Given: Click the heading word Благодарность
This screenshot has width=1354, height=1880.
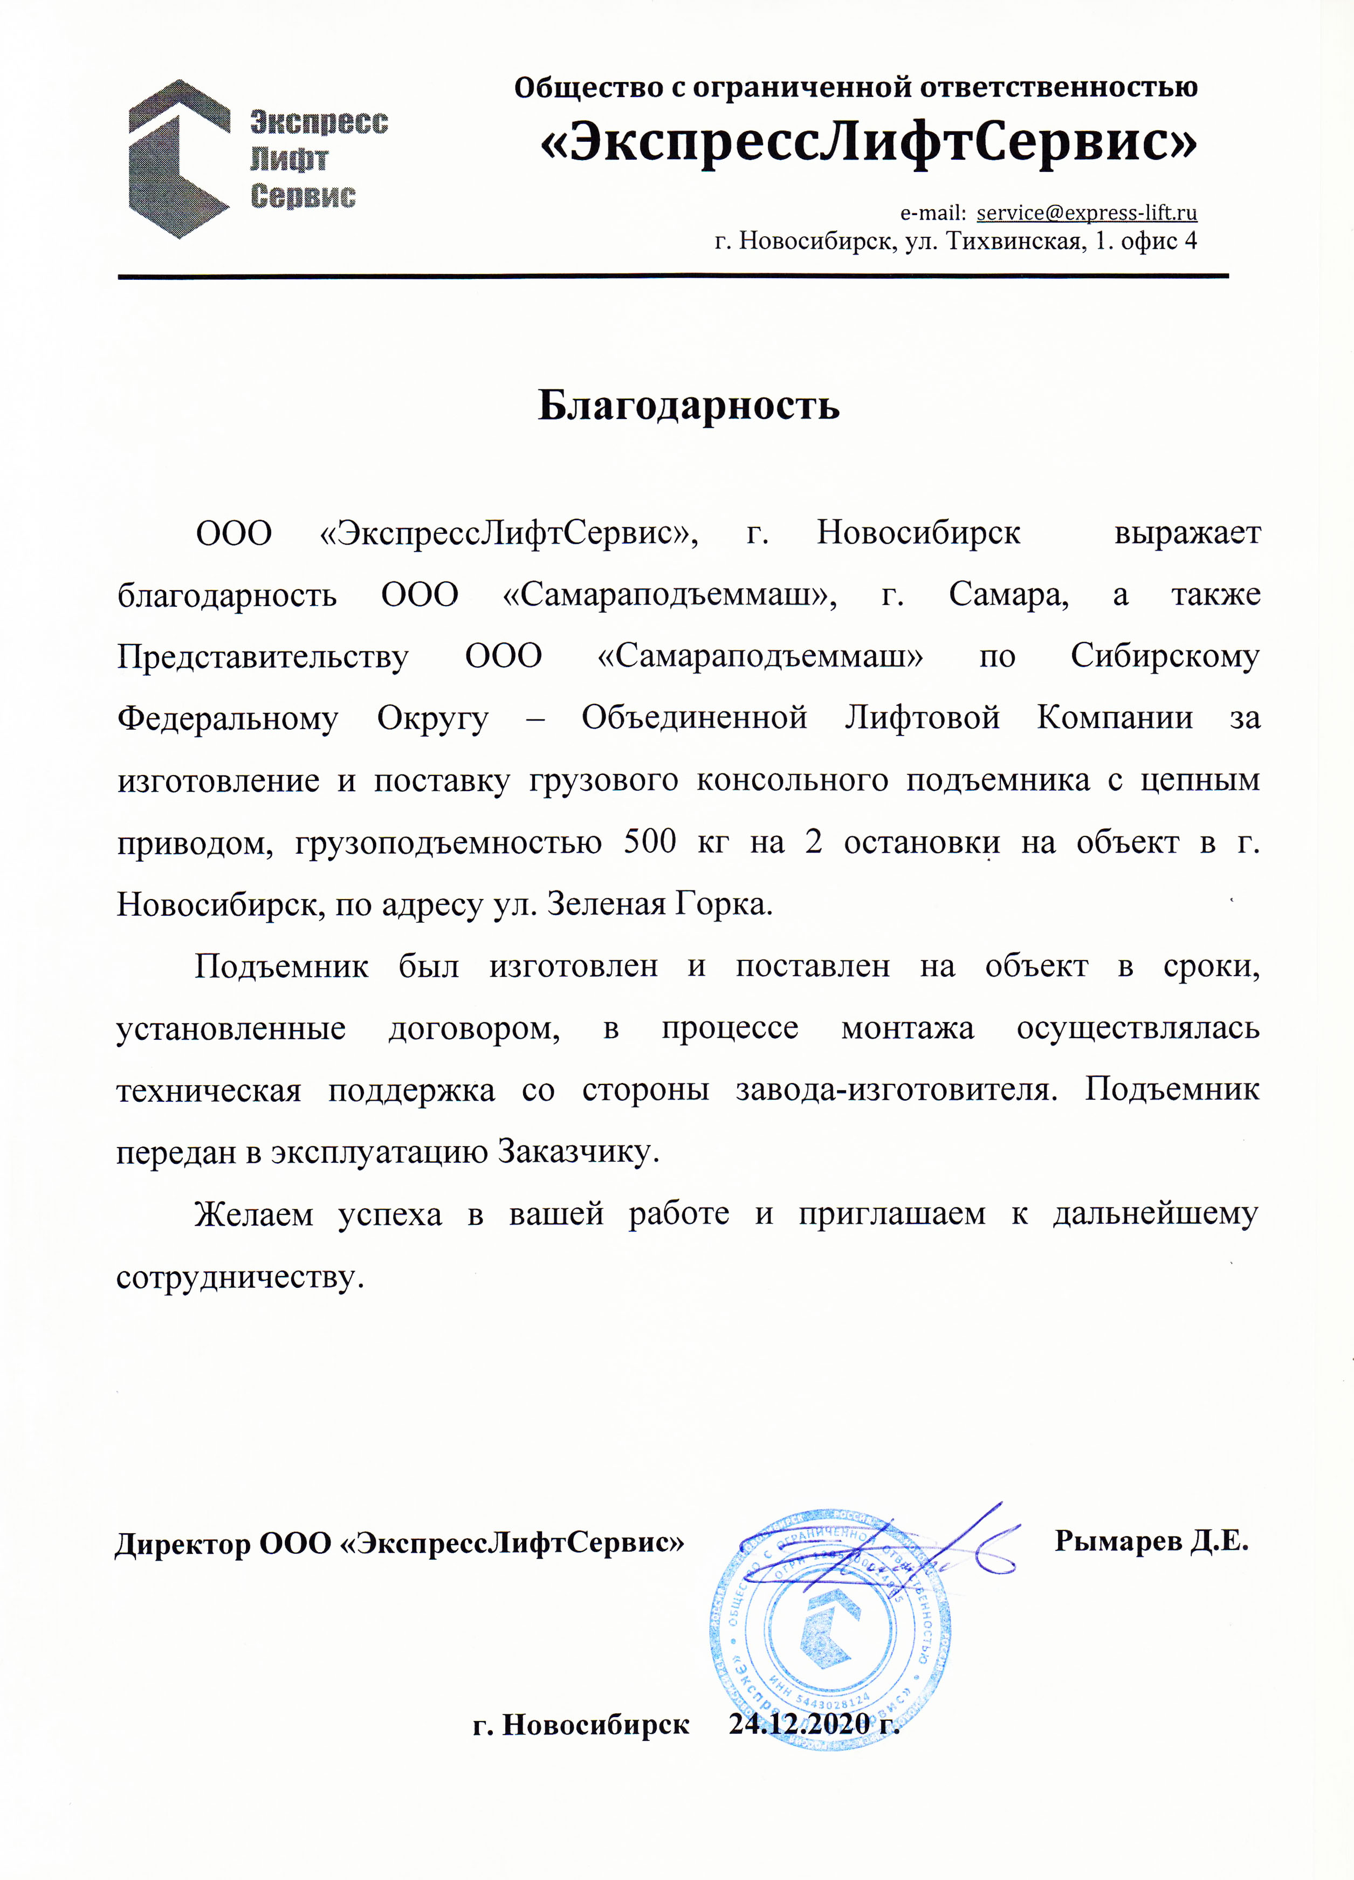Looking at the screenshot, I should click(x=689, y=406).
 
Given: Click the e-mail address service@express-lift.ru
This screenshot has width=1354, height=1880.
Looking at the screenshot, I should click(x=1087, y=213).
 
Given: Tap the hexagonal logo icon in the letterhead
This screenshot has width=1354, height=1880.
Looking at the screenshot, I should click(x=178, y=159).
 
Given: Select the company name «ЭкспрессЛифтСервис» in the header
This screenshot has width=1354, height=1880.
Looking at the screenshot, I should click(x=868, y=142).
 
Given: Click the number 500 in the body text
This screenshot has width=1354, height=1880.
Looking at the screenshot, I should click(x=650, y=842).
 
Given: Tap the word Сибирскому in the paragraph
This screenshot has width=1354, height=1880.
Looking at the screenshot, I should click(x=1164, y=656).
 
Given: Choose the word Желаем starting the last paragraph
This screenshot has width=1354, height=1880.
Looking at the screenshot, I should click(x=253, y=1215).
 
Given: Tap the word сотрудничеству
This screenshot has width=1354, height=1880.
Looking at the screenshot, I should click(x=239, y=1278).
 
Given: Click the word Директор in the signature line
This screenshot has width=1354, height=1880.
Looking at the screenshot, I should click(x=182, y=1543).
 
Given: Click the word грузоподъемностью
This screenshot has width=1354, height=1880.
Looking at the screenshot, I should click(x=448, y=842).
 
